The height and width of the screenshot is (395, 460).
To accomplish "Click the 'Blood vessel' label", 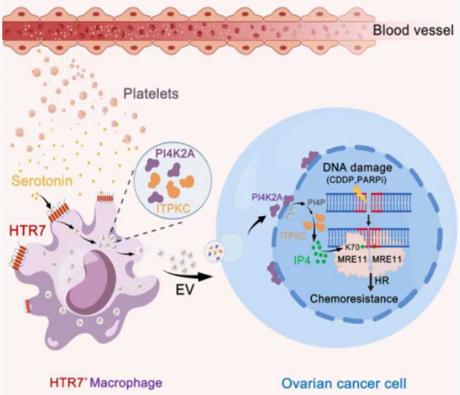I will tap(413, 31).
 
